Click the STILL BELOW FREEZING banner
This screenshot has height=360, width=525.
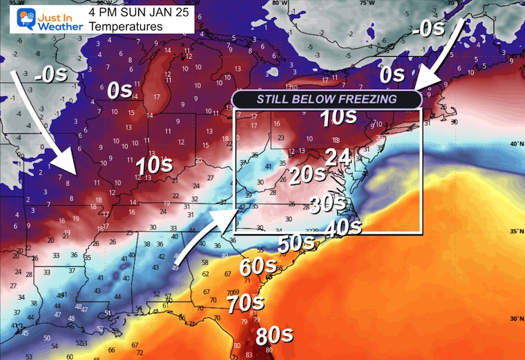click(327, 99)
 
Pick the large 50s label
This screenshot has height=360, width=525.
click(296, 244)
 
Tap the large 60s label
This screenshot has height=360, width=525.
click(258, 266)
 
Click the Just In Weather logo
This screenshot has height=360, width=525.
click(41, 19)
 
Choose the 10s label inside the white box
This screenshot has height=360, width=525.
click(338, 117)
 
